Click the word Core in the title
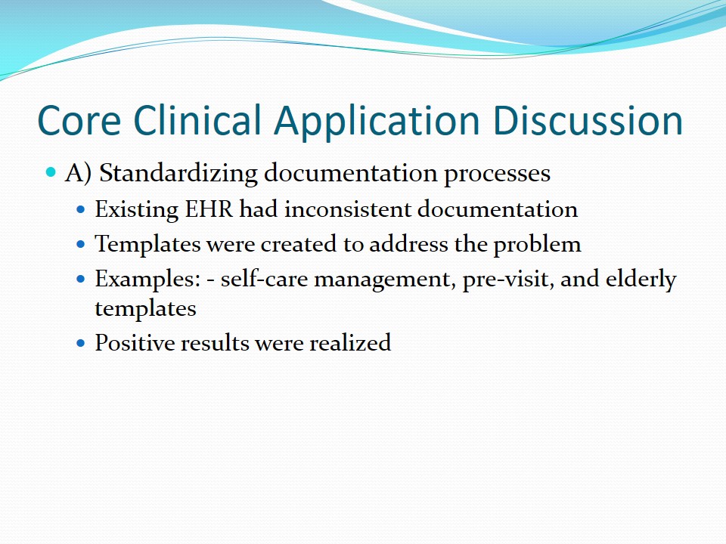pos(79,120)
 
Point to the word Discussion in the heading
pos(588,119)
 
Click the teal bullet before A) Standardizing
pos(51,173)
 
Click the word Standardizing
pos(178,174)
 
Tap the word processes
pos(498,175)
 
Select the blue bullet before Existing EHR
pos(81,209)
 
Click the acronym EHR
pos(209,209)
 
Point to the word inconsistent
pos(348,209)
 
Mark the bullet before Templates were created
pos(81,244)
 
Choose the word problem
pos(537,245)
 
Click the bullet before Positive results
pos(81,343)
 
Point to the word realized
pos(350,343)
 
